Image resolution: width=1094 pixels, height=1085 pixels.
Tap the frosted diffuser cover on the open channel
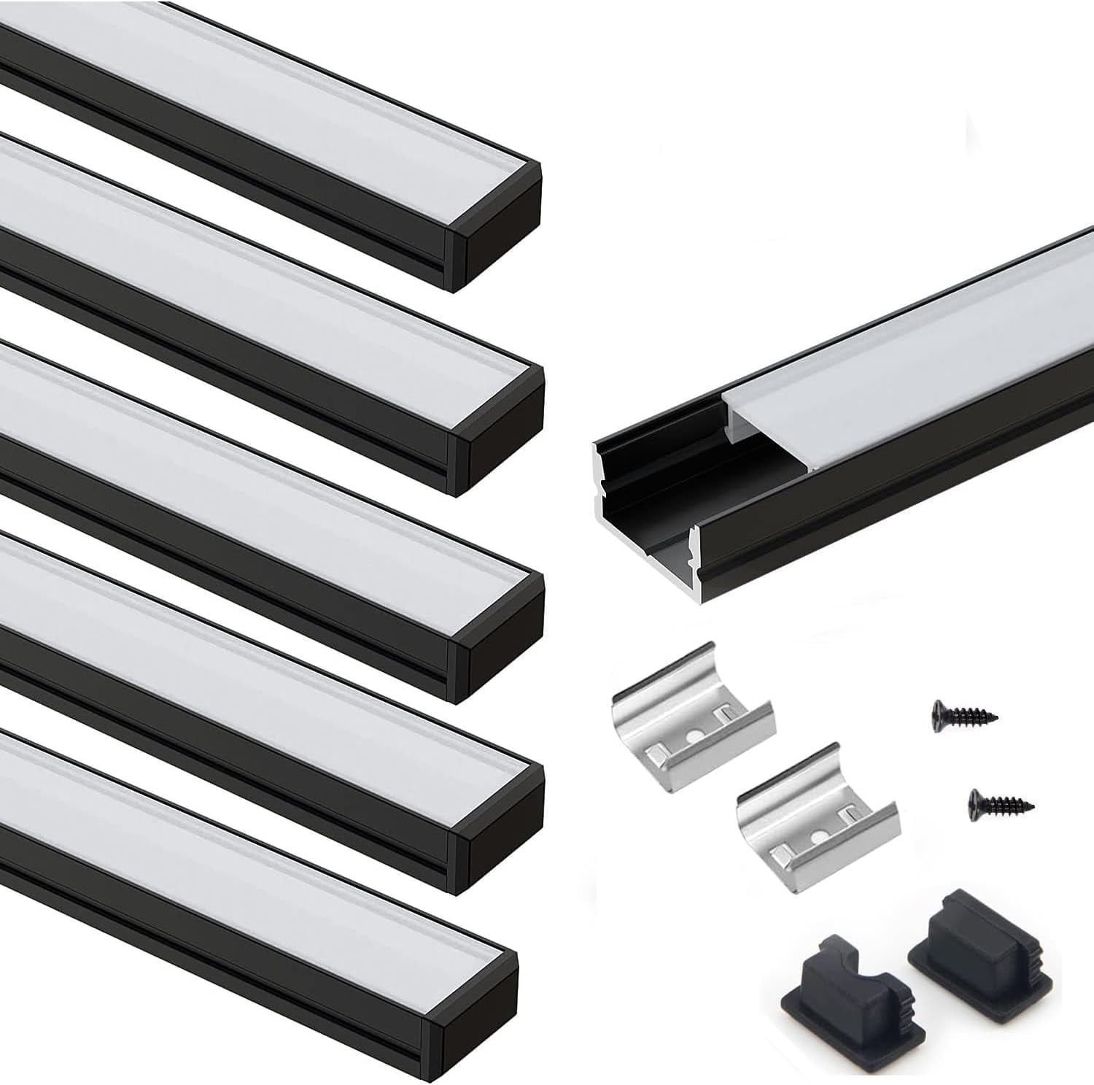click(x=912, y=358)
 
